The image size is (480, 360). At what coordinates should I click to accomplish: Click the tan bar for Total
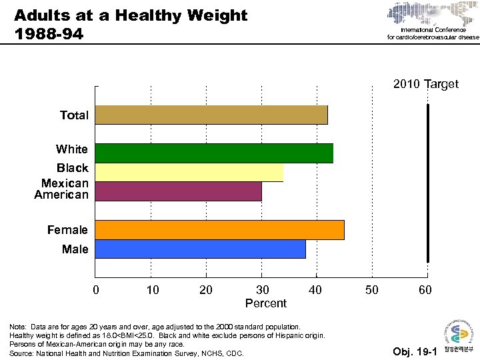(x=211, y=115)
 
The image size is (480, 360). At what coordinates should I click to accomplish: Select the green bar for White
(x=214, y=153)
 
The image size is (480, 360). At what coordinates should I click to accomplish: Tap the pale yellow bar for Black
(x=189, y=172)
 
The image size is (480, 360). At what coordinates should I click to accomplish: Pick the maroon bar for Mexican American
(x=179, y=191)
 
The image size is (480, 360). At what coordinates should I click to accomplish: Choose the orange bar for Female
(x=220, y=230)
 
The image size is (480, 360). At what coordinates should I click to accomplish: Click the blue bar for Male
(x=201, y=249)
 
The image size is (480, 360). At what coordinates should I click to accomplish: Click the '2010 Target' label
(x=425, y=84)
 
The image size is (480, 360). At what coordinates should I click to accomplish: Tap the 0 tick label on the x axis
(x=96, y=290)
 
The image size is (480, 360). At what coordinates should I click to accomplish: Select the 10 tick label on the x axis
(x=151, y=290)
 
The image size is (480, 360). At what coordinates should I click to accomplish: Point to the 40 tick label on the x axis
(x=315, y=290)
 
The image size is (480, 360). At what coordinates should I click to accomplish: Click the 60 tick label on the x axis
(x=425, y=290)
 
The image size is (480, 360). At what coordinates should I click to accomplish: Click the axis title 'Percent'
(x=265, y=304)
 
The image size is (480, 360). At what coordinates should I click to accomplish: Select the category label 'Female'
(x=67, y=230)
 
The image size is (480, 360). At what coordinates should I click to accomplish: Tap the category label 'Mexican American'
(x=61, y=189)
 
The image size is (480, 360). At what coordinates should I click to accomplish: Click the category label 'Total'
(x=73, y=115)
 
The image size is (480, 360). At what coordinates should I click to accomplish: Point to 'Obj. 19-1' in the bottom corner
(x=415, y=351)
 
